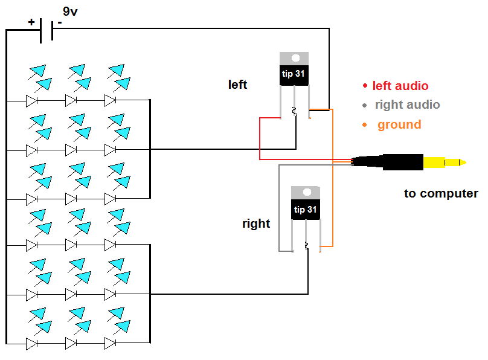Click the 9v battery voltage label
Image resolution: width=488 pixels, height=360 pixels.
click(x=71, y=11)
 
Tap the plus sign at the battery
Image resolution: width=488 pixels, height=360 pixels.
click(x=31, y=22)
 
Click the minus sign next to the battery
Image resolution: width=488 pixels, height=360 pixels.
click(x=59, y=22)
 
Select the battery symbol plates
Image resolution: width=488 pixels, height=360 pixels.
click(x=46, y=30)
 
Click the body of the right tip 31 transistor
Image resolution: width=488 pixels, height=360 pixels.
click(x=306, y=209)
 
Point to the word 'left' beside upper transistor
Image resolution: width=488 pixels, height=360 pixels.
click(x=237, y=85)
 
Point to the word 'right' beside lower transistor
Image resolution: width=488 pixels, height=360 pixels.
click(x=256, y=223)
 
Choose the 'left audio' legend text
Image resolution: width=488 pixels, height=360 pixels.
click(x=400, y=86)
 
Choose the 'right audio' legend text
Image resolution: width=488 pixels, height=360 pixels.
click(x=407, y=104)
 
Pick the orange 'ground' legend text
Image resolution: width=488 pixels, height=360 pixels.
click(x=399, y=125)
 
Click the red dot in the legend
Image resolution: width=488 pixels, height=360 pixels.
click(x=365, y=86)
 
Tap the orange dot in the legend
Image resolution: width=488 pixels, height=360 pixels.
click(x=365, y=125)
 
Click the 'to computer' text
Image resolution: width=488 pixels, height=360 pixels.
click(x=441, y=194)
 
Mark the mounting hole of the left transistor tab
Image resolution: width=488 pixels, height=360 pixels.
click(x=295, y=59)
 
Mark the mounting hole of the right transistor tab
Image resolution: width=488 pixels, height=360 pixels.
click(x=306, y=193)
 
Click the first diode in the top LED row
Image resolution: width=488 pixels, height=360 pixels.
click(x=32, y=100)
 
